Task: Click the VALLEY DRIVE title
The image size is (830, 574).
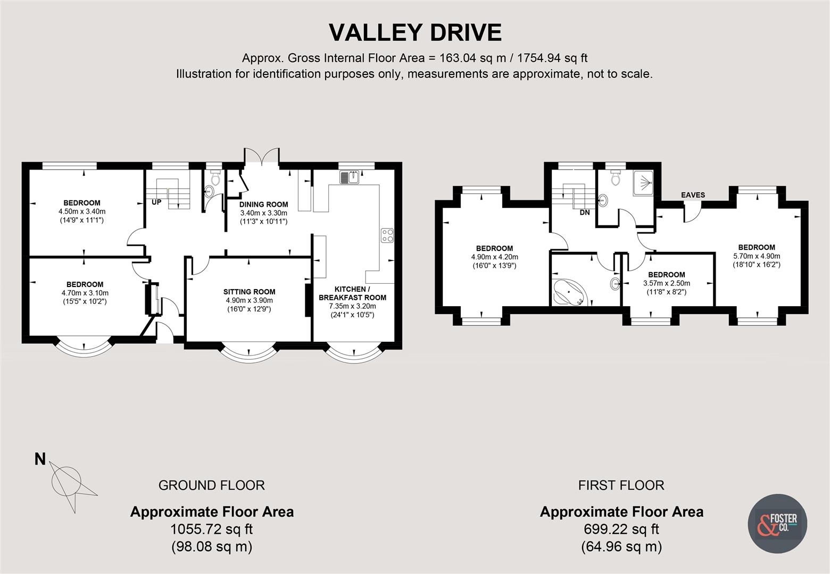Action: [x=415, y=32]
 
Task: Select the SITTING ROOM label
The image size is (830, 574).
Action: [x=249, y=291]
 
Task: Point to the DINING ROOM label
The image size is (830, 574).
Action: [x=263, y=204]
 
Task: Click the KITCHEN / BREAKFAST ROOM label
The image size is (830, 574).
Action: [x=353, y=293]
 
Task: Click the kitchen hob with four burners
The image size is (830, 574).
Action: [x=387, y=235]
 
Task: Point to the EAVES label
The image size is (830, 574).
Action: [x=693, y=195]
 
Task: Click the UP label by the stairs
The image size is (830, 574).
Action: [x=157, y=202]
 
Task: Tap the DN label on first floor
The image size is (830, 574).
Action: [x=585, y=213]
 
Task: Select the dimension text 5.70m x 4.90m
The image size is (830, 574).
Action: [x=756, y=256]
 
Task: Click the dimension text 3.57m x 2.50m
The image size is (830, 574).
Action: [x=667, y=283]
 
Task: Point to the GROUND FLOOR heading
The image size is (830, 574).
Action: [x=211, y=485]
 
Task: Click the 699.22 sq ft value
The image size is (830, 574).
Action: [x=621, y=529]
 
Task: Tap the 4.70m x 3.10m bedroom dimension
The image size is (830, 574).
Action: [x=85, y=293]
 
